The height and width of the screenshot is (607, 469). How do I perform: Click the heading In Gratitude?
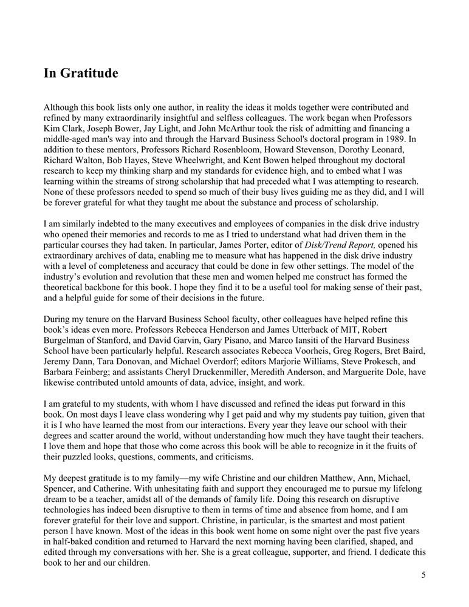[x=80, y=74]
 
